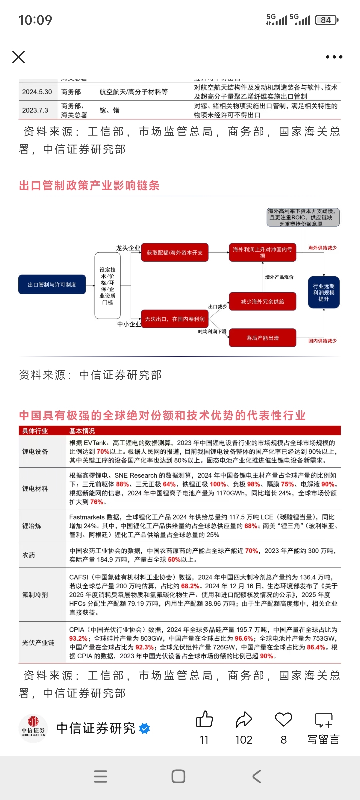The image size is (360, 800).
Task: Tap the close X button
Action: click(18, 57)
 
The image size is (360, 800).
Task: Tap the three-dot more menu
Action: click(334, 57)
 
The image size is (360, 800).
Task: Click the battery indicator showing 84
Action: click(326, 20)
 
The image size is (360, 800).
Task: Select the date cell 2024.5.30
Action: click(37, 92)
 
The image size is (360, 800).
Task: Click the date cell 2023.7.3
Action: click(35, 110)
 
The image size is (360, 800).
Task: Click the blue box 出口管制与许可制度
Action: click(52, 285)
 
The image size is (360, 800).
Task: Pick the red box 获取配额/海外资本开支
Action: click(175, 253)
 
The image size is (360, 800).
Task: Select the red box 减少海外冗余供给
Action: click(262, 302)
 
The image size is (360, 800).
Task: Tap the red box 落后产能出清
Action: click(262, 338)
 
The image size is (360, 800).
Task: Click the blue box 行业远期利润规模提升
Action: click(323, 292)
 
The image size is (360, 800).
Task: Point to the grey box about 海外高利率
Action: click(303, 217)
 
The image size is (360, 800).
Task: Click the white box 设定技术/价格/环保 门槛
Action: click(107, 286)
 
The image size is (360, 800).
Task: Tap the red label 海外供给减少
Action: click(322, 248)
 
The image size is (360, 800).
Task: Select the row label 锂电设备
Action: click(35, 452)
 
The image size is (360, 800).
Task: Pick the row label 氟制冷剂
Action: click(35, 595)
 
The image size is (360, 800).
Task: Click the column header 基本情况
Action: click(82, 431)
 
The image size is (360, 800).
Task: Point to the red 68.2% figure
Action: click(190, 586)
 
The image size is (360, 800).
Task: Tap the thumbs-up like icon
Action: click(204, 719)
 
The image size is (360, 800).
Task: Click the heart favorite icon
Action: click(284, 719)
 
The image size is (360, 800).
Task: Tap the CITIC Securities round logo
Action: click(33, 728)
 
